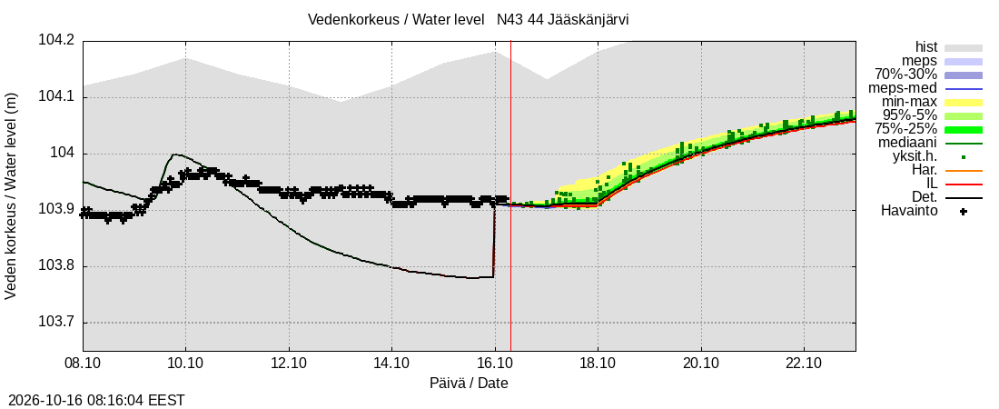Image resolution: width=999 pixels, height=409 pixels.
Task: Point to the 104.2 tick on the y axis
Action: (x=56, y=41)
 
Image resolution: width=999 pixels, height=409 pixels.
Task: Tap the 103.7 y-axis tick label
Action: (x=56, y=323)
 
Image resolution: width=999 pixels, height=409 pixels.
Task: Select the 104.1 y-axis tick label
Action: (x=56, y=97)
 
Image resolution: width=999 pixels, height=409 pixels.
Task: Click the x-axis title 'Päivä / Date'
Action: (x=469, y=384)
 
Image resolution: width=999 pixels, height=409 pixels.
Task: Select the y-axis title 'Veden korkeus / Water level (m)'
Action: (x=11, y=196)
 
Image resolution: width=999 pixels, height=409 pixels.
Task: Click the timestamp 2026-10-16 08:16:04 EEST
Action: (x=93, y=401)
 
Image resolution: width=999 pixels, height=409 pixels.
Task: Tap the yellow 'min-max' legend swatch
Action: (x=964, y=102)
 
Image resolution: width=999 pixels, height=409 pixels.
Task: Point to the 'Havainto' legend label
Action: (x=909, y=211)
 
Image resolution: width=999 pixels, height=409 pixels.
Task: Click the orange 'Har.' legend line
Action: (x=964, y=170)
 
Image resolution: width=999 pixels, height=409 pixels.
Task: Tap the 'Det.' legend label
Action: (x=925, y=197)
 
